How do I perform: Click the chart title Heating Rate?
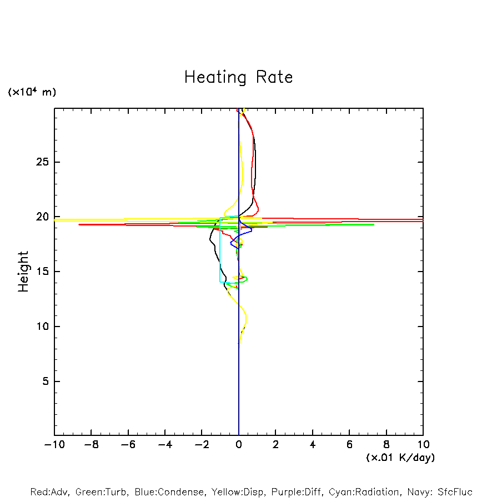tap(238, 77)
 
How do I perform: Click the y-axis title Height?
tap(23, 272)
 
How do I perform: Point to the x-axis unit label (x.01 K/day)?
tap(400, 458)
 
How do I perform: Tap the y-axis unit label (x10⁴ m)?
tap(32, 92)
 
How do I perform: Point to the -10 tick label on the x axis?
tap(53, 444)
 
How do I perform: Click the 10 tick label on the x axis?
tap(423, 444)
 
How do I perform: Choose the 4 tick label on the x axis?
tap(313, 444)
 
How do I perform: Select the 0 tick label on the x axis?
tap(239, 444)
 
